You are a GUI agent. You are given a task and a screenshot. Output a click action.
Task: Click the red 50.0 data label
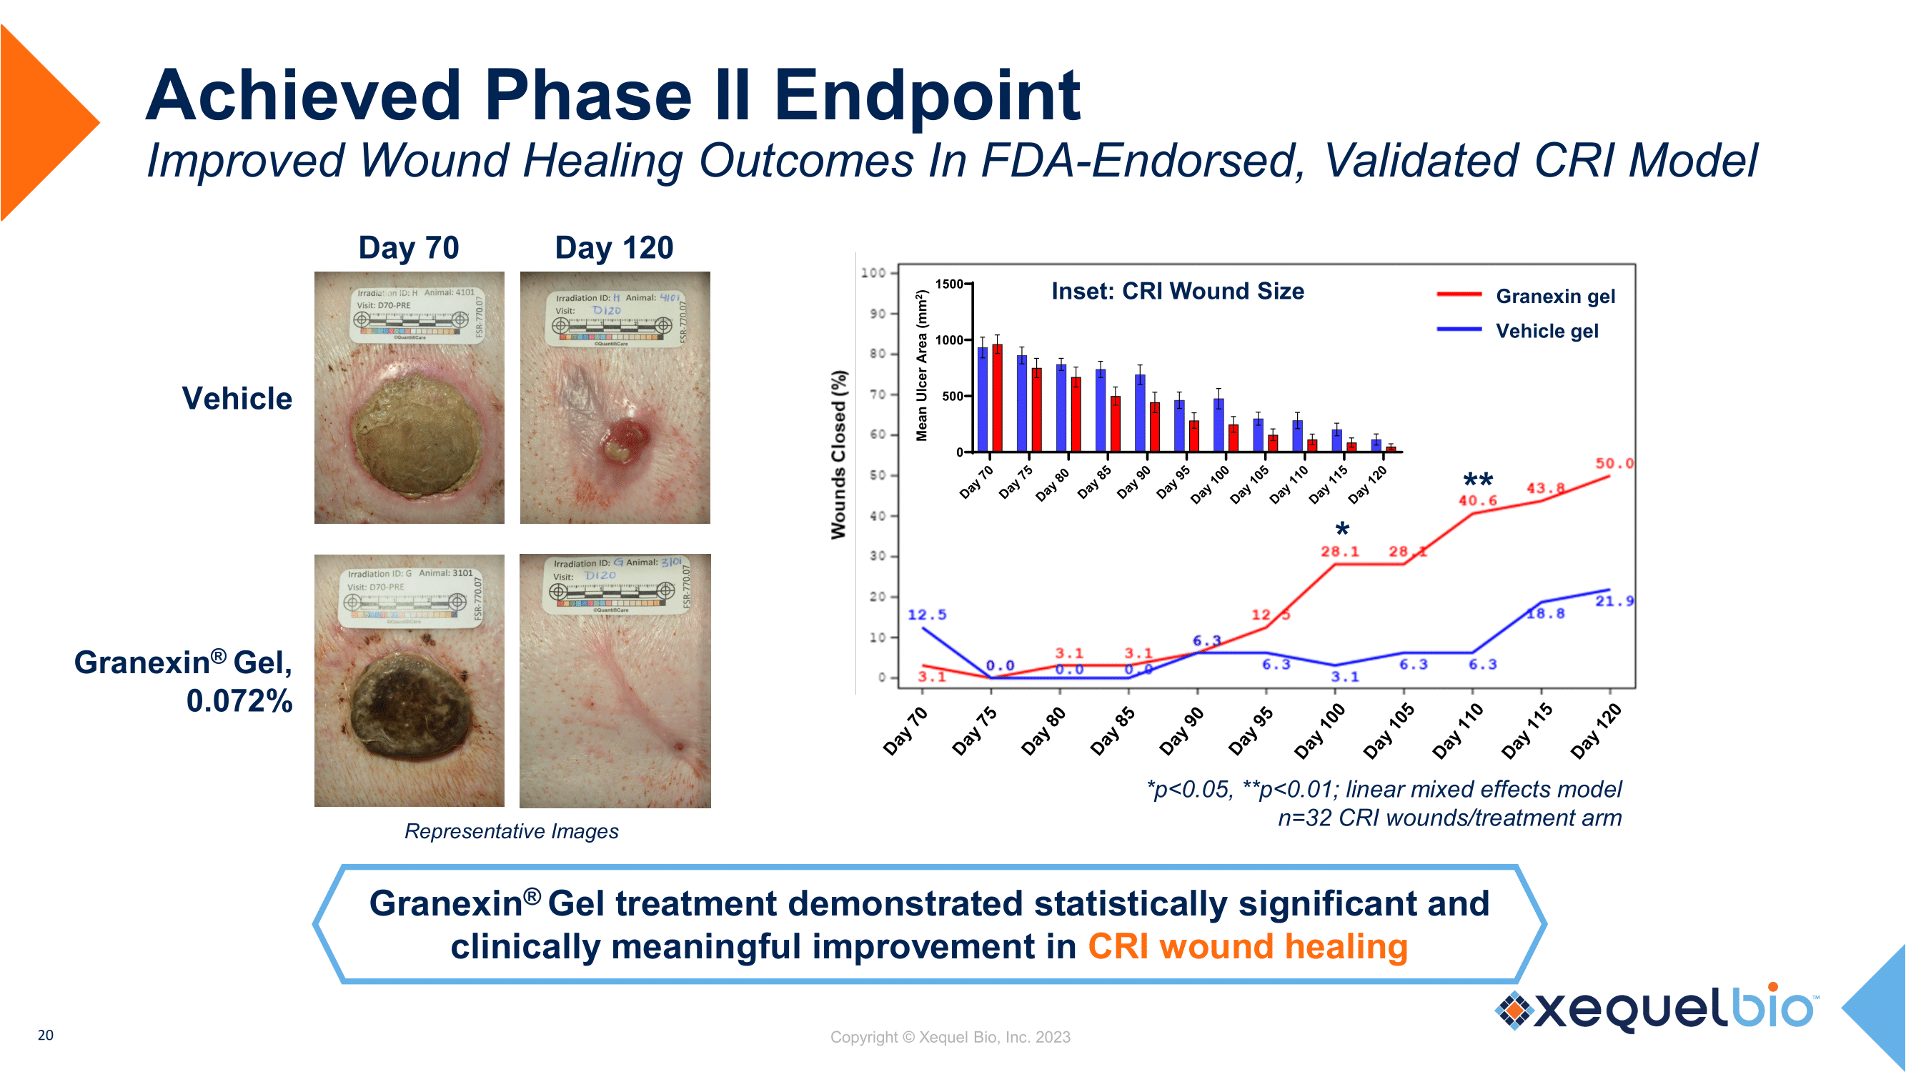1614,464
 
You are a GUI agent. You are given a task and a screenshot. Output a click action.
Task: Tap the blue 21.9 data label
1614,602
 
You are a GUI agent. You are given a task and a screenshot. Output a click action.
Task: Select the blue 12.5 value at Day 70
926,615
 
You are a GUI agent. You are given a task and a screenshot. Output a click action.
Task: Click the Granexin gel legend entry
1554,296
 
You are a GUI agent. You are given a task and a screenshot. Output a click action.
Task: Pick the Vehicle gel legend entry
1547,331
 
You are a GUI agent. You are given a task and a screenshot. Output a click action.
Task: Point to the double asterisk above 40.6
1479,480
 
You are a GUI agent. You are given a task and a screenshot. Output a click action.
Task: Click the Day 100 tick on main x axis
1319,731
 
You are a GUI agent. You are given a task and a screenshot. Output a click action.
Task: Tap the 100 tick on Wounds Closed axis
874,273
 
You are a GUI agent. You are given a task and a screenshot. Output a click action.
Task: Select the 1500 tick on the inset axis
948,284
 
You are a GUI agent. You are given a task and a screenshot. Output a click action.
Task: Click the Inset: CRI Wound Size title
1177,291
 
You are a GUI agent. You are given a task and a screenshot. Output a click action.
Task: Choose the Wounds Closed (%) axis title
838,455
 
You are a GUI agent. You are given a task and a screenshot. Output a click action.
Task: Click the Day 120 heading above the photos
614,248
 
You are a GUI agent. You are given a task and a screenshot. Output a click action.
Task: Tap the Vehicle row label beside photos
237,399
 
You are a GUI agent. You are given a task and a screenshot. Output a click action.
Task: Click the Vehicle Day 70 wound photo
410,398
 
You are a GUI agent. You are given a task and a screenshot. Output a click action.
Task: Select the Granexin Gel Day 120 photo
615,680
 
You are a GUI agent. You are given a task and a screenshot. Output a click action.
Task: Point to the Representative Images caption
511,831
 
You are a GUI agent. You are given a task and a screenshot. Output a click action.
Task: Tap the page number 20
45,1035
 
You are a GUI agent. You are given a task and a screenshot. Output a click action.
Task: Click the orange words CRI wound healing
1248,947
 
